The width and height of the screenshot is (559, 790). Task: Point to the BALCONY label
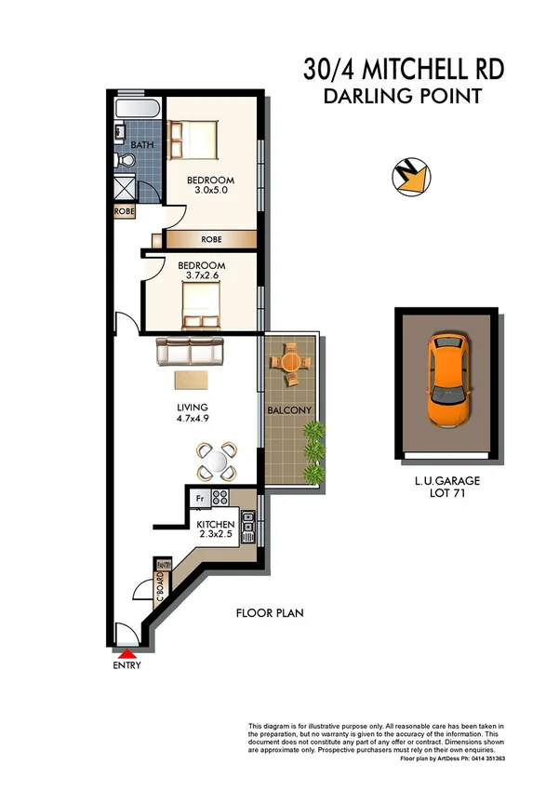tap(292, 410)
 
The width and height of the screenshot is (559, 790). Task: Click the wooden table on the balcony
tap(291, 363)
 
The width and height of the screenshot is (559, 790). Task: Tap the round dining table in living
tap(216, 458)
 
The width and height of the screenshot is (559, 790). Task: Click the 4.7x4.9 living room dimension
tap(193, 420)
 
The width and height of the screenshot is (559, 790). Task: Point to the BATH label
tap(141, 146)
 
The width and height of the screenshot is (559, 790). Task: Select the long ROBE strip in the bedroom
tap(211, 239)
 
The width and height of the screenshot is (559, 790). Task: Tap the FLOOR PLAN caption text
tap(270, 613)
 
